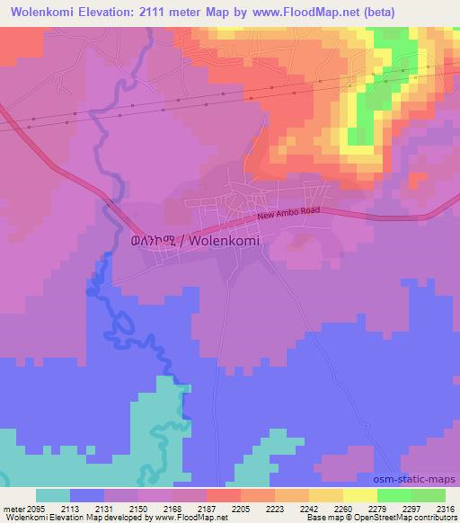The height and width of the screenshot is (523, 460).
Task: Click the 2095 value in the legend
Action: tap(36, 509)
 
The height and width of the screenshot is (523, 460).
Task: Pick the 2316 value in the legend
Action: tap(445, 509)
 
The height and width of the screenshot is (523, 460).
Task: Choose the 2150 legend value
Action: tap(138, 509)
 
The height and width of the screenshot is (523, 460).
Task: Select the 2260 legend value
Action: tap(342, 509)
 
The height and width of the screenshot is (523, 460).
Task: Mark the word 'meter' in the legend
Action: tap(13, 509)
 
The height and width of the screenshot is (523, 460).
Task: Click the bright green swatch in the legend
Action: tap(394, 495)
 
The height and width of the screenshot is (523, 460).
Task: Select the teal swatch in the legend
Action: tap(53, 495)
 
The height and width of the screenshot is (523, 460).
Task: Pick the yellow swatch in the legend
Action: tap(359, 495)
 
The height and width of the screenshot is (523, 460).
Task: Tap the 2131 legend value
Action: tap(104, 509)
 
